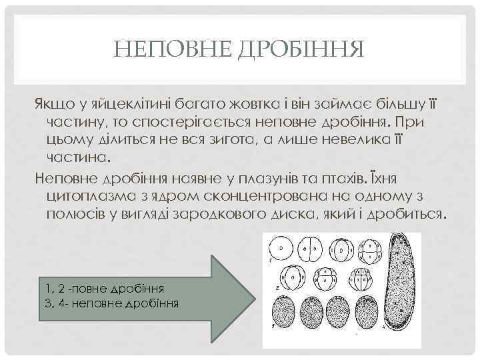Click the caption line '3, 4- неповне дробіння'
[x=111, y=302]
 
